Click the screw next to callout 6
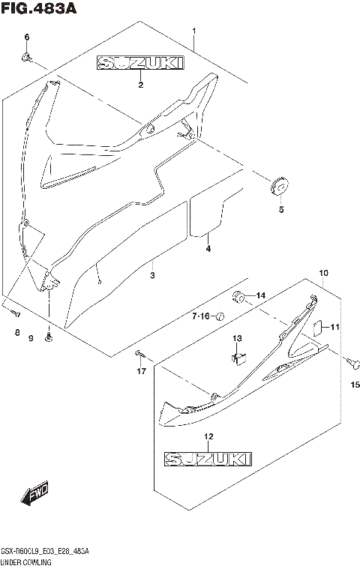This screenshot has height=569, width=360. (26, 56)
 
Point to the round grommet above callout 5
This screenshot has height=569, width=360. (278, 185)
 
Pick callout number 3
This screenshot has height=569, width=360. (152, 277)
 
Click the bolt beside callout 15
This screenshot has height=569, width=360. (350, 361)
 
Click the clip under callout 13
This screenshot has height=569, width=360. (238, 358)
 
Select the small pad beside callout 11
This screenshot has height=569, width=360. (316, 326)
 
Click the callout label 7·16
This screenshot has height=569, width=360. (200, 317)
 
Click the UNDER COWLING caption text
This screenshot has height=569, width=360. (26, 562)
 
